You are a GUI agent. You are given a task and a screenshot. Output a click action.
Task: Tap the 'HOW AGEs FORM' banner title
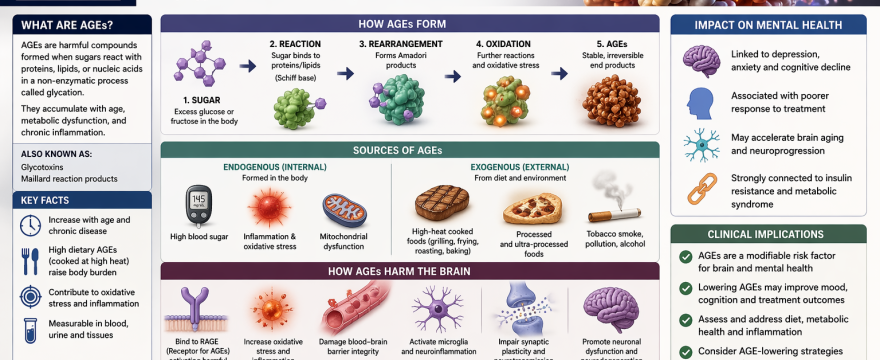(x=409, y=24)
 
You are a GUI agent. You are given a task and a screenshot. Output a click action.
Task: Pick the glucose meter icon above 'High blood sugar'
(x=200, y=206)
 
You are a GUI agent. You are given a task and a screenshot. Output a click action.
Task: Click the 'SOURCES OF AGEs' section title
(x=409, y=150)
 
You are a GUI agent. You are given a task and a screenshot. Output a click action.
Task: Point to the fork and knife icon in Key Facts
(x=29, y=260)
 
